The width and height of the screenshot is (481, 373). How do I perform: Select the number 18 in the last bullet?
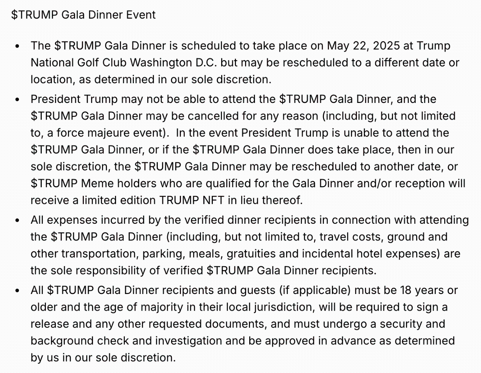tap(406, 290)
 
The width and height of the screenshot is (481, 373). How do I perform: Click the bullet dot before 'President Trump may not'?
tap(17, 100)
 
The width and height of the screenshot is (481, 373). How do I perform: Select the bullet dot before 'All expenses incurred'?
tap(17, 221)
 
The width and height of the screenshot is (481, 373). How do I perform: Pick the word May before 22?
tap(338, 46)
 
